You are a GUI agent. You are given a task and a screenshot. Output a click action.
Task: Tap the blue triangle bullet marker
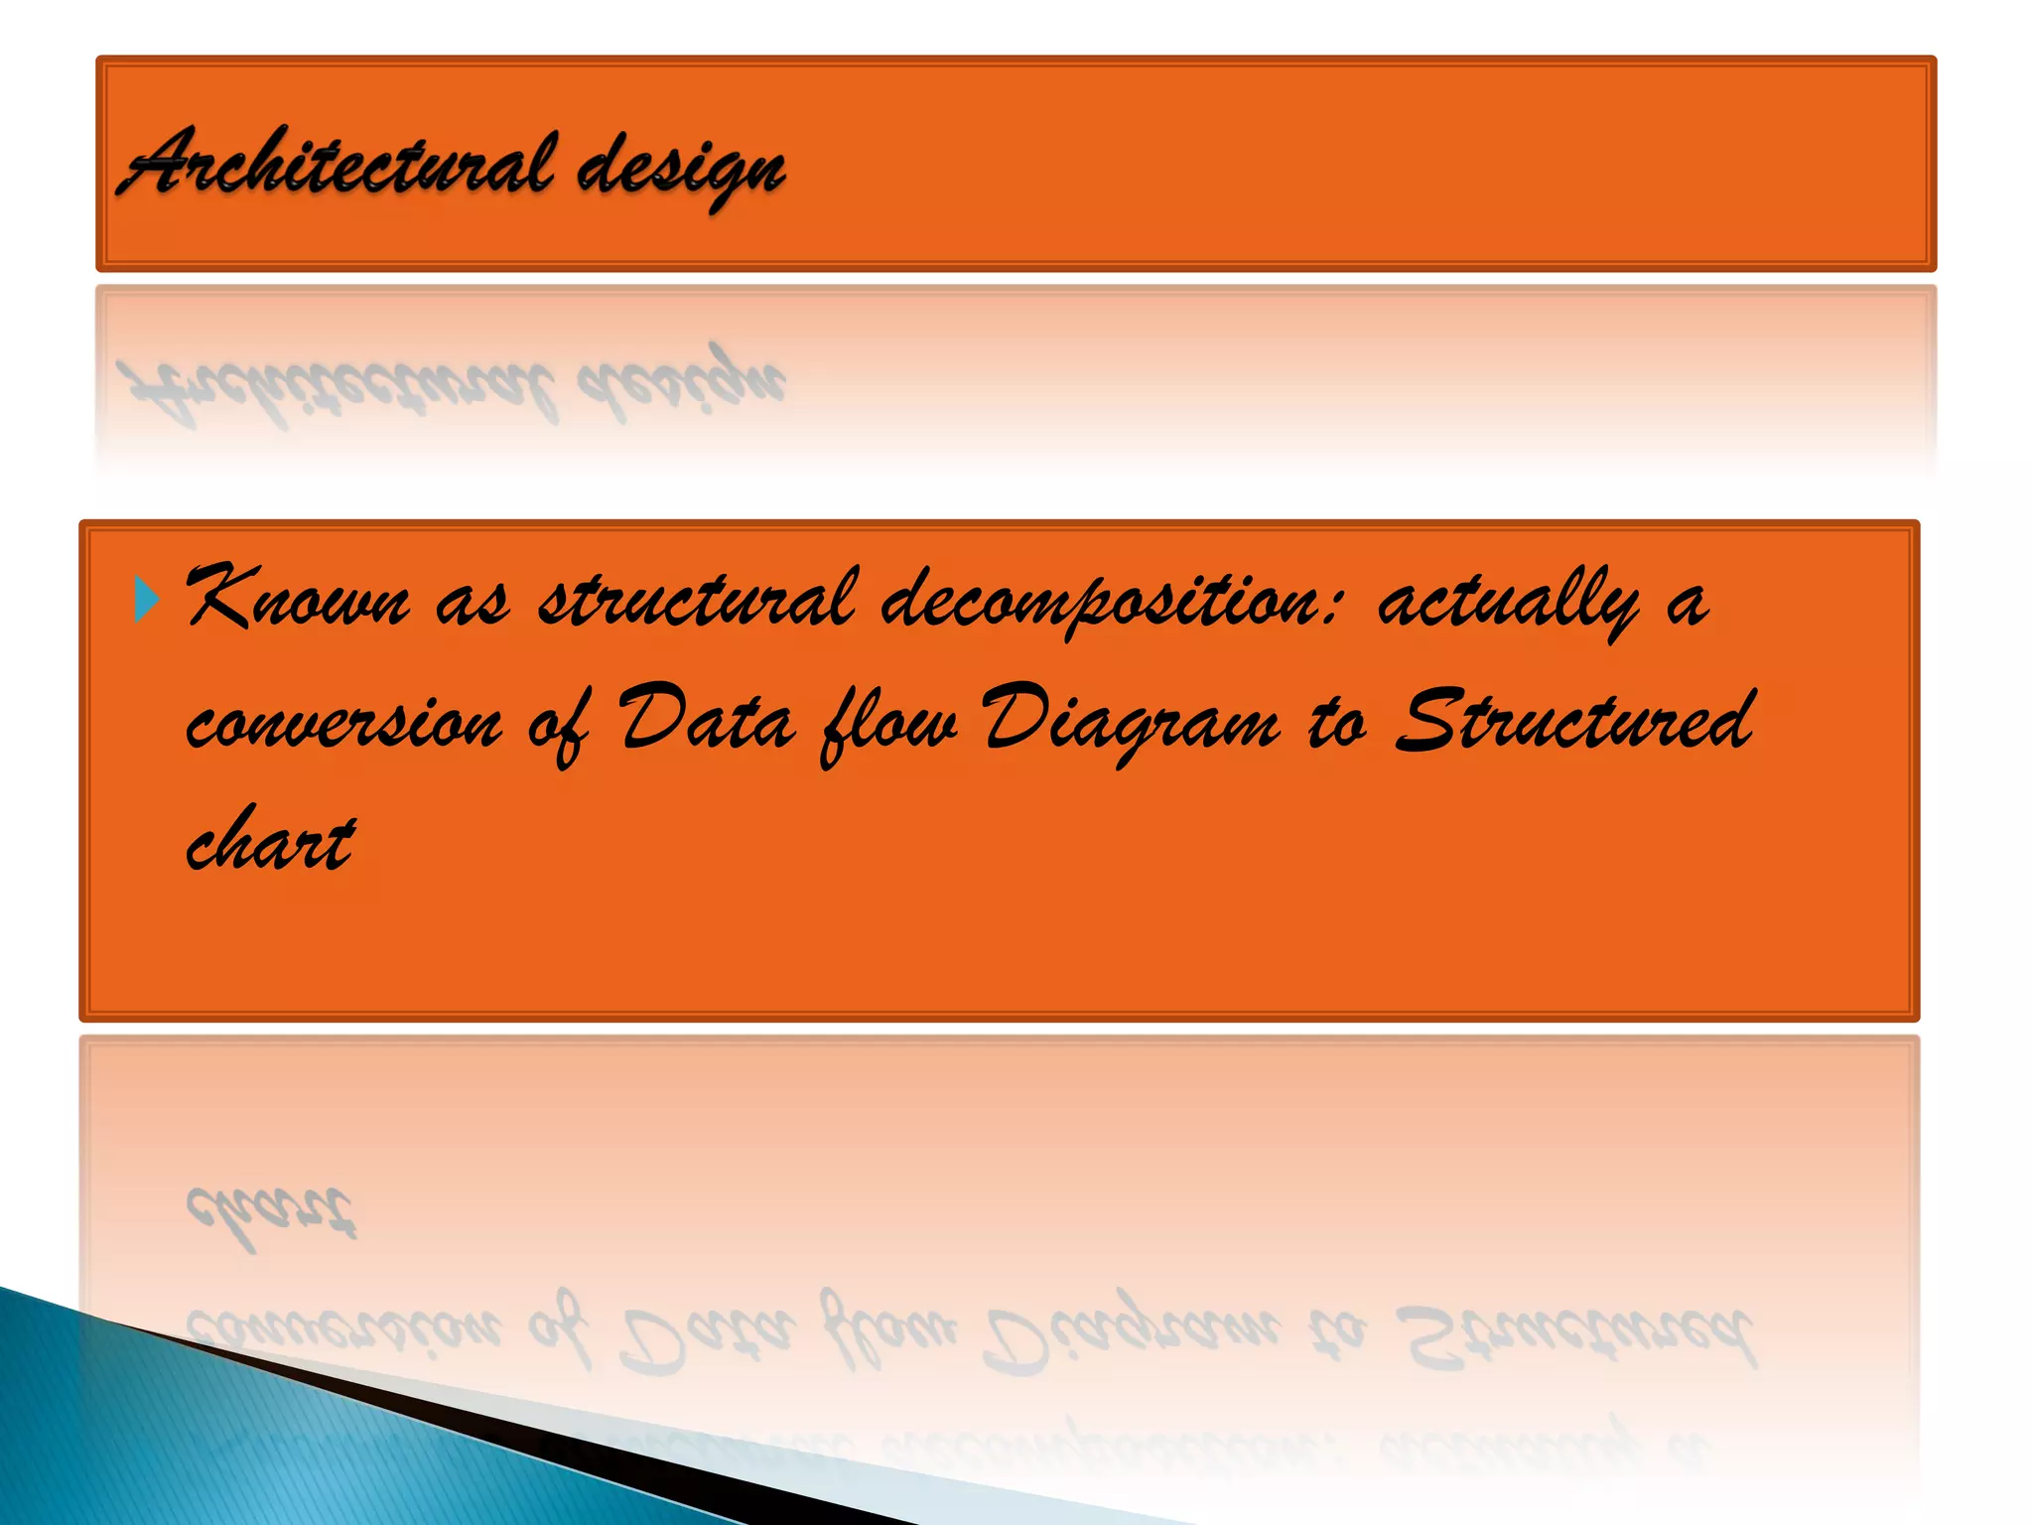[146, 600]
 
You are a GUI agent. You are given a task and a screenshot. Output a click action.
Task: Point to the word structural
[695, 600]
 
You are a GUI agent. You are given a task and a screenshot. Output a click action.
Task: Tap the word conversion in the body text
[343, 723]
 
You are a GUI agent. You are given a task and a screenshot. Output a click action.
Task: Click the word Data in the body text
[707, 719]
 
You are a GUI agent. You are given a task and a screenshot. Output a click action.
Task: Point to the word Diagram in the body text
[1132, 723]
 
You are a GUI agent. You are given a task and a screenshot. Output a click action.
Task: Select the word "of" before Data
[558, 725]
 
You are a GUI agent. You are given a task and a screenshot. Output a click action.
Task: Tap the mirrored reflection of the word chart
[270, 1213]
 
